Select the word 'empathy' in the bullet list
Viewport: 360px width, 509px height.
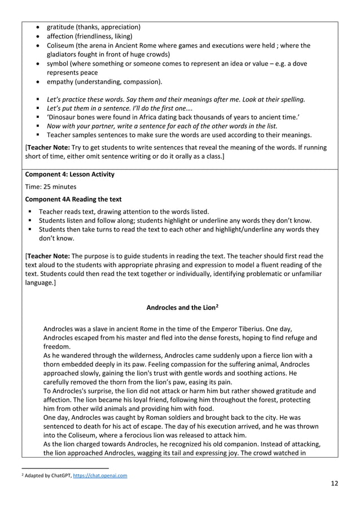point(60,82)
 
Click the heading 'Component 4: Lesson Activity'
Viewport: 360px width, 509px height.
point(70,174)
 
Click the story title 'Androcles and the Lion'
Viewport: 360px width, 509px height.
point(179,308)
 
